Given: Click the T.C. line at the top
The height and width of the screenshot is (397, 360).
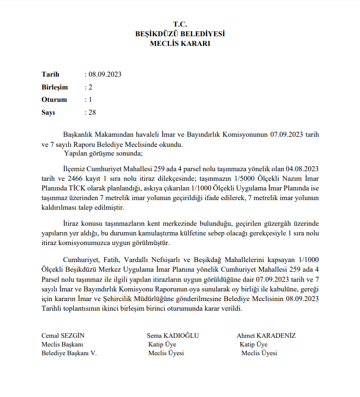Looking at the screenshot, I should tap(180, 24).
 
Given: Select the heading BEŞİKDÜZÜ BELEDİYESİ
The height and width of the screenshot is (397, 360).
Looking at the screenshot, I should tap(180, 34).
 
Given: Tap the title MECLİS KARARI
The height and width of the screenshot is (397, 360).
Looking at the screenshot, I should tap(180, 44).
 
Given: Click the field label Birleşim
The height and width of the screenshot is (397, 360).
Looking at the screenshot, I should tap(55, 87).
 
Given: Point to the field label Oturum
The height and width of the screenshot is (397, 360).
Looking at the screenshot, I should tap(54, 100).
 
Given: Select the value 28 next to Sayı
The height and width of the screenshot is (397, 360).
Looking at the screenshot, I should tap(92, 112).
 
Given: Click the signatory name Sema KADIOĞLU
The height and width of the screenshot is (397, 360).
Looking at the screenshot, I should tap(173, 335).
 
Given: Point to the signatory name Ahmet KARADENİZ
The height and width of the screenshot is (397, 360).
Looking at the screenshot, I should tap(266, 335).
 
